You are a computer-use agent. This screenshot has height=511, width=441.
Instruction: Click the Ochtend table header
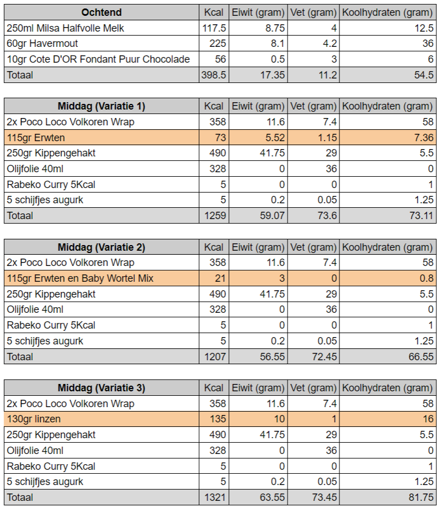tap(102, 12)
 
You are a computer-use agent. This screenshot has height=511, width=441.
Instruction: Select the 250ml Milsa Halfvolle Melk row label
tap(65, 28)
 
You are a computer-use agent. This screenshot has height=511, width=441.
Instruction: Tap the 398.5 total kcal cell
tap(214, 75)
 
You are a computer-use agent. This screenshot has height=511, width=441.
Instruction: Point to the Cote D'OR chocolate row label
tap(98, 59)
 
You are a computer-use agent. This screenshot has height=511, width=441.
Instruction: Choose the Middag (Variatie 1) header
tap(102, 106)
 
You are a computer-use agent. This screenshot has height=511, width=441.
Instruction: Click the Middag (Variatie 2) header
tap(102, 247)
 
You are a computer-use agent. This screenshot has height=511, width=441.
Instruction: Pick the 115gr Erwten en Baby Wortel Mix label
tap(80, 278)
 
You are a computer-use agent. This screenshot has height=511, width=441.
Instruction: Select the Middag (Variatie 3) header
tap(102, 388)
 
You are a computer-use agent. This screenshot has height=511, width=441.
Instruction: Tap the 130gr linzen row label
tap(33, 419)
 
